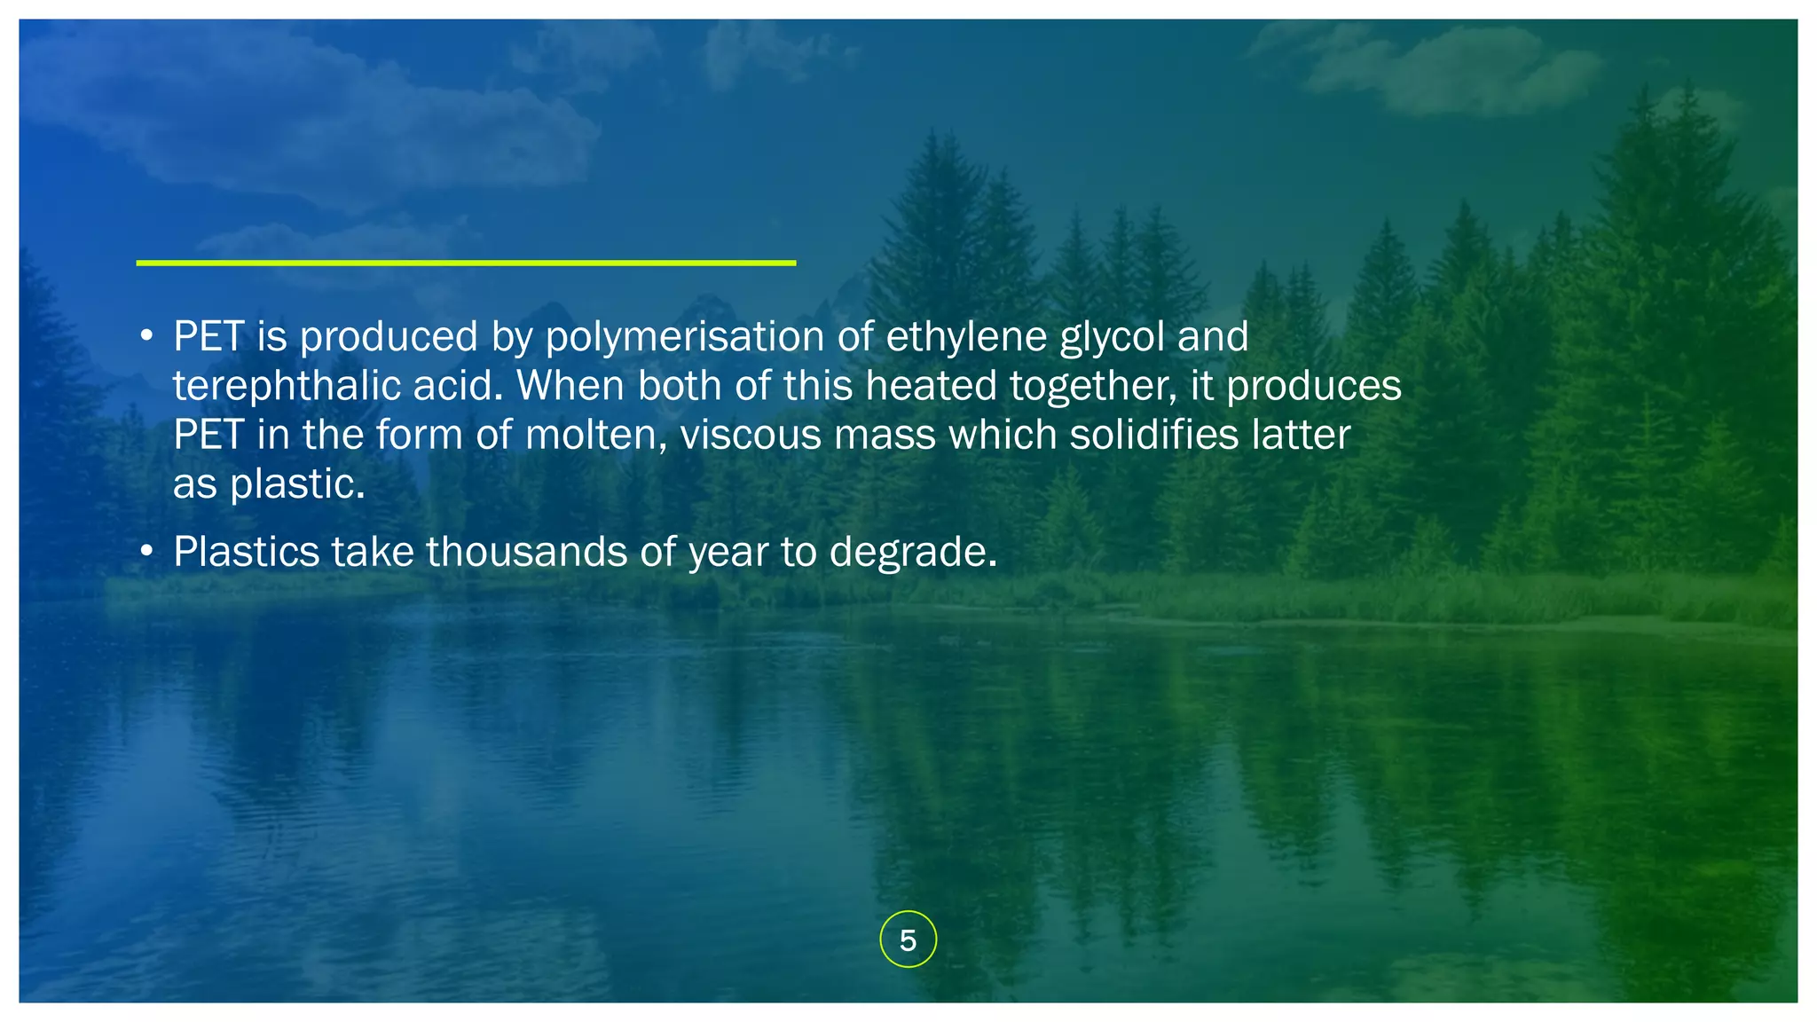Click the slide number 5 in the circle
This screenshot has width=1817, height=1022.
click(x=908, y=939)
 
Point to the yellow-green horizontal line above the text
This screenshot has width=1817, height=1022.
click(x=466, y=263)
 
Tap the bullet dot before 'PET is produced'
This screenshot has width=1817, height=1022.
click(x=147, y=337)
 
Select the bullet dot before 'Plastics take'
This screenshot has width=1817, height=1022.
click(x=147, y=552)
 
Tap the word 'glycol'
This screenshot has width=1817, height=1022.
click(x=1112, y=337)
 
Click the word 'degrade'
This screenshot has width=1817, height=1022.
click(x=913, y=552)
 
